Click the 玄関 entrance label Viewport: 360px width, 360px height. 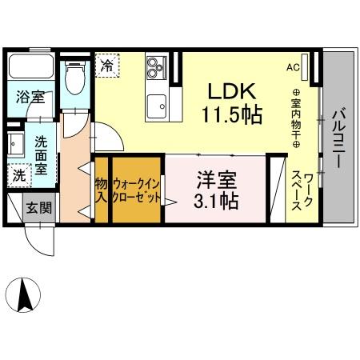(x=38, y=209)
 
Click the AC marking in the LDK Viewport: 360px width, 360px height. (x=293, y=67)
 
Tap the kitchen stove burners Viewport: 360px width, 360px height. (x=156, y=70)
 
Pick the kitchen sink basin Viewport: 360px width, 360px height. (x=157, y=104)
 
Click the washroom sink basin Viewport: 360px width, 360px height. (x=14, y=145)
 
